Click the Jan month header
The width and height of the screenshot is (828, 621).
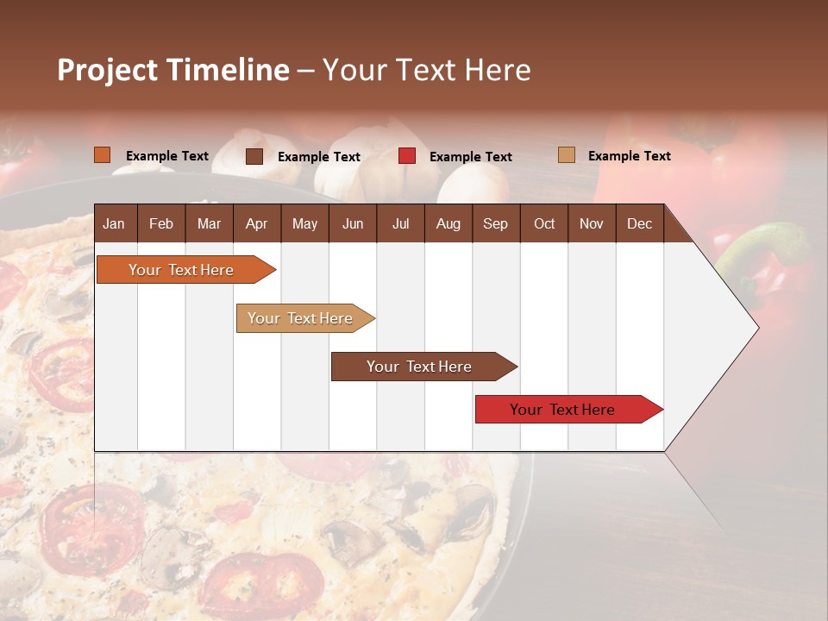point(114,223)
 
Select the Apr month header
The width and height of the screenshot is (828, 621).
point(256,223)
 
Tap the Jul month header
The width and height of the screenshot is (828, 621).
point(400,223)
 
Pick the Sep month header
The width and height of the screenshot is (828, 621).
point(495,223)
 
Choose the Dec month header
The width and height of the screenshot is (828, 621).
point(639,223)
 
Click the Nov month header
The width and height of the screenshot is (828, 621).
point(591,223)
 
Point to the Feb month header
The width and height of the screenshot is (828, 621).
point(161,223)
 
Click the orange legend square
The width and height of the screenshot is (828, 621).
point(102,155)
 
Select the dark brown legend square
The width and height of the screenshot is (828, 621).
point(254,156)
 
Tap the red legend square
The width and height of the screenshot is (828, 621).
point(407,156)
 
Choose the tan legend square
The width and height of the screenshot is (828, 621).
point(567,155)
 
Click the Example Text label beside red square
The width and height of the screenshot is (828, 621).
point(470,157)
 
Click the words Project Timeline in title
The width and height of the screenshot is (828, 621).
point(173,70)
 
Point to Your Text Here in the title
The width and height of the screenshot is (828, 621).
point(427,70)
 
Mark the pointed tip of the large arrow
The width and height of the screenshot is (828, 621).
point(757,328)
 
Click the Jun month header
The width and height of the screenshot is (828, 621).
point(353,223)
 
